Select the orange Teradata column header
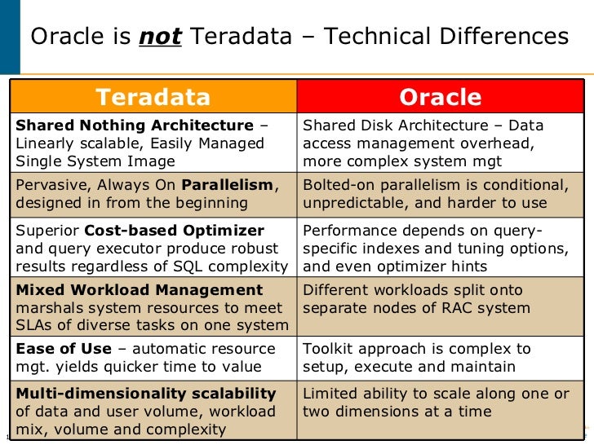(x=153, y=97)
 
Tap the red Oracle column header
(x=441, y=97)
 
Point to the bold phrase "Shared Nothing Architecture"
(x=135, y=126)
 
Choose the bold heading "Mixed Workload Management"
(x=140, y=290)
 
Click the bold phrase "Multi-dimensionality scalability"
(x=146, y=394)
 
